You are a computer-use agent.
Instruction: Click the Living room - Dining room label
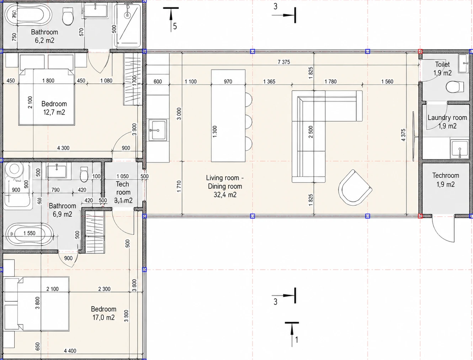pos(225,186)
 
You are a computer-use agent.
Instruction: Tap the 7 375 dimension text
pos(284,62)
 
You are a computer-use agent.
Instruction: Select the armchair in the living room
pos(355,187)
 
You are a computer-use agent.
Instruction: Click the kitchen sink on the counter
pos(158,130)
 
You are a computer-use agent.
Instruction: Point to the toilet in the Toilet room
pos(455,87)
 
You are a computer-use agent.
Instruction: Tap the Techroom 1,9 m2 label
pos(445,180)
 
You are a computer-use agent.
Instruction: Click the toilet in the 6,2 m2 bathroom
pos(68,17)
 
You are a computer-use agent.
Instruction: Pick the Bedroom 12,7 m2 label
pos(54,108)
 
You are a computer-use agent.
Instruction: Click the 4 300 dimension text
pos(63,148)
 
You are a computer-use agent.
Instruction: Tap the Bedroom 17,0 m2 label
pos(103,313)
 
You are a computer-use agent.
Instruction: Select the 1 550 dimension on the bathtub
pos(29,233)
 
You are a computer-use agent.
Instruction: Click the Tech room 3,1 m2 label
pos(123,192)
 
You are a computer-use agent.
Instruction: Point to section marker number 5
pos(175,26)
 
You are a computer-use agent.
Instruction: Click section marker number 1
pos(297,340)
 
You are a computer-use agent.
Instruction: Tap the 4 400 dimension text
pos(70,351)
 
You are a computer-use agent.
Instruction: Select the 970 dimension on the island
pos(228,82)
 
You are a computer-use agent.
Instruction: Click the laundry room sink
pos(459,149)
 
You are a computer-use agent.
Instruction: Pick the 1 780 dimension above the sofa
pos(330,82)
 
